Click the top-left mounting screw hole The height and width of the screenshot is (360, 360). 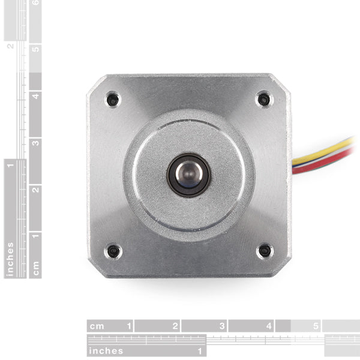tap(112, 99)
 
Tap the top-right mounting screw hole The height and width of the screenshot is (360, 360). tap(263, 99)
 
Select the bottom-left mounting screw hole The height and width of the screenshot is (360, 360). tap(112, 251)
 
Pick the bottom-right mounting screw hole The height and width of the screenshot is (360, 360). tap(264, 251)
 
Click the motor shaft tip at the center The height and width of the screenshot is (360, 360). tap(189, 175)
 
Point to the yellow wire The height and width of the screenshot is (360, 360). tap(324, 151)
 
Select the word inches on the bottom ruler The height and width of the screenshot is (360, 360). tap(106, 351)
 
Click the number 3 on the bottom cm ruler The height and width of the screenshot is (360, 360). tap(223, 327)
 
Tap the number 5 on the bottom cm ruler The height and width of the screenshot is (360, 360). tap(316, 327)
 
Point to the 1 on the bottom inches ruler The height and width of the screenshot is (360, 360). tap(200, 351)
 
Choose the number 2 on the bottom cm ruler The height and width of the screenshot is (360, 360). tap(175, 327)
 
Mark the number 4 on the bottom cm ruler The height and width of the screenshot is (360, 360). tap(269, 327)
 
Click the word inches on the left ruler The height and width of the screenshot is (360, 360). tap(10, 259)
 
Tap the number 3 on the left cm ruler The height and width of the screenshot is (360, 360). tap(36, 143)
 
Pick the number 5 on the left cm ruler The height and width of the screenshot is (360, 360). tap(36, 49)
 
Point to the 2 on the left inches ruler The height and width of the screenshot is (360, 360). tap(10, 46)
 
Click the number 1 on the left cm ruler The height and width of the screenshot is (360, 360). tap(36, 236)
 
